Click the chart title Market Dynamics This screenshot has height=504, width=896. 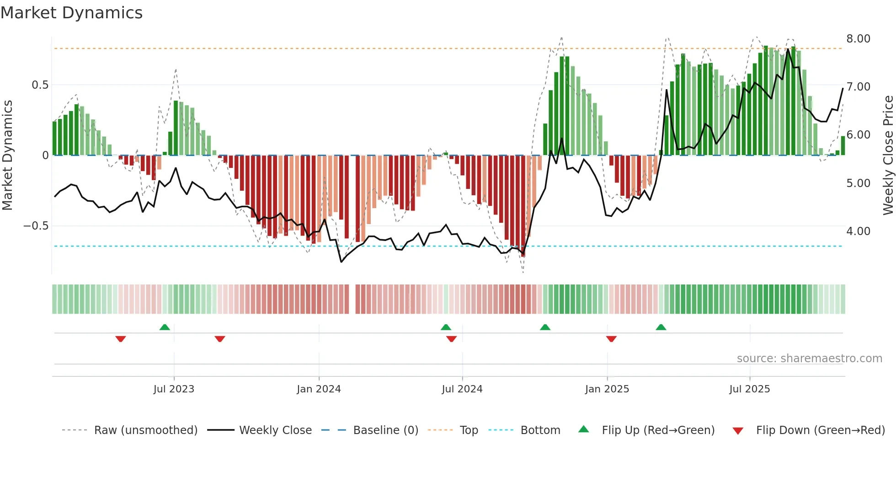click(x=72, y=13)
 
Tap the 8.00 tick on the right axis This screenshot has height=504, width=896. click(x=858, y=39)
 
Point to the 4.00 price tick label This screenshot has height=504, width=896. click(x=858, y=231)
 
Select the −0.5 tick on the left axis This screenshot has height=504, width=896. click(x=36, y=226)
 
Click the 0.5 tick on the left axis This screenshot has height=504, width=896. click(x=40, y=85)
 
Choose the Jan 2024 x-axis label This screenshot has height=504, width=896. click(x=319, y=389)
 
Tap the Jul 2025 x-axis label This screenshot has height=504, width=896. click(x=749, y=389)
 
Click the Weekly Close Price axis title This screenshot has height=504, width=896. click(x=888, y=155)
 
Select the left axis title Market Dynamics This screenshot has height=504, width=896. click(x=7, y=155)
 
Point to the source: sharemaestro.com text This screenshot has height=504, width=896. click(x=809, y=359)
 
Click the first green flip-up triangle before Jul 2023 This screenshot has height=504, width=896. click(x=165, y=327)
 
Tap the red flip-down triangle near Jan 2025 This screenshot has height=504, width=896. click(x=611, y=339)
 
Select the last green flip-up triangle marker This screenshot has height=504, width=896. click(x=661, y=327)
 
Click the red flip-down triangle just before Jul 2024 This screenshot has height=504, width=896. click(x=451, y=339)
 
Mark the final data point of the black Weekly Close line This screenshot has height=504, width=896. click(x=843, y=89)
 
